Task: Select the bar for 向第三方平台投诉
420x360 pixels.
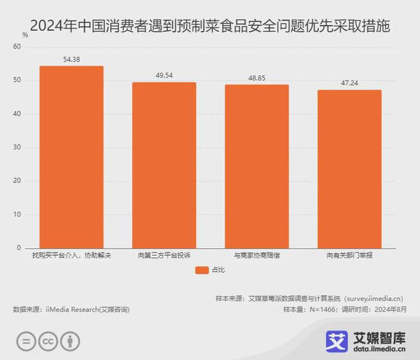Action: [x=164, y=165]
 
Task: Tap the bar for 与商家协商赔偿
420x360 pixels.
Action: [x=256, y=166]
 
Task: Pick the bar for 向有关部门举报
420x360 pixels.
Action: [x=349, y=169]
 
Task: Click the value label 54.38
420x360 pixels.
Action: [x=71, y=59]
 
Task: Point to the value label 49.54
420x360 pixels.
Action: [x=164, y=75]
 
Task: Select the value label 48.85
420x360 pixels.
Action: [x=256, y=78]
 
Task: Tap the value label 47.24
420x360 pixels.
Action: [x=349, y=83]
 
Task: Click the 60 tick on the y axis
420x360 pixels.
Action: [x=17, y=47]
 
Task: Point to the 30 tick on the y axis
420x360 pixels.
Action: [x=17, y=148]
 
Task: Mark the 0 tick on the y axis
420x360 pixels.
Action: [x=18, y=247]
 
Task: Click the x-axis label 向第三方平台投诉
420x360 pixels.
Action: [x=164, y=256]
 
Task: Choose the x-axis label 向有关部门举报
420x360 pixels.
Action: [x=349, y=256]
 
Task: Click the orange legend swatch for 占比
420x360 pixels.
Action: [x=202, y=270]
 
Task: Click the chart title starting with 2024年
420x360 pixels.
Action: [x=210, y=26]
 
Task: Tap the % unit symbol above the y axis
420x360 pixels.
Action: [x=25, y=36]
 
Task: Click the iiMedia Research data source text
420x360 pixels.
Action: [x=71, y=309]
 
